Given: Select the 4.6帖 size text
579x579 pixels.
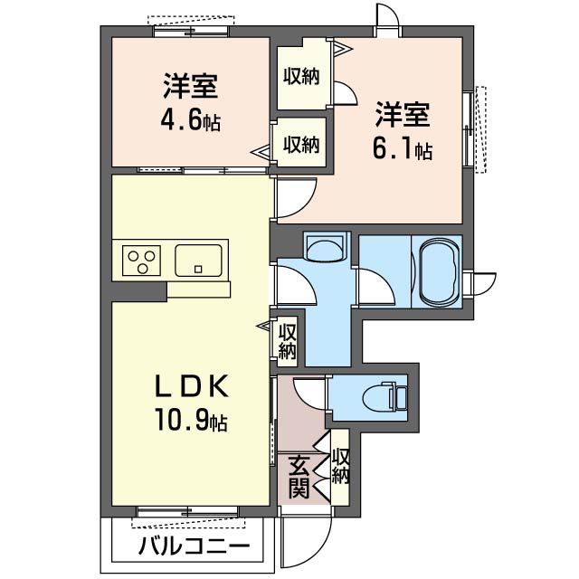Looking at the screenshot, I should click(190, 120).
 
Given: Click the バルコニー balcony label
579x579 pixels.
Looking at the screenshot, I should click(194, 546).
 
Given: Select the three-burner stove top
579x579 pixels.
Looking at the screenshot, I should click(141, 261).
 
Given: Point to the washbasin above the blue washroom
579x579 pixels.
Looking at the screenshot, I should click(323, 247).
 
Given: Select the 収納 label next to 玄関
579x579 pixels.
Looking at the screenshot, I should click(340, 466).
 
